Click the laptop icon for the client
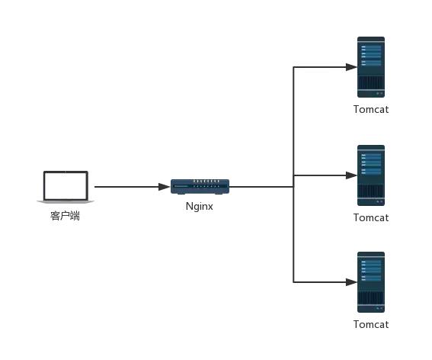pyautogui.click(x=66, y=187)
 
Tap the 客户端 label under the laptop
pyautogui.click(x=65, y=216)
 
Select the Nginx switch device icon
pyautogui.click(x=200, y=187)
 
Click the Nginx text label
pyautogui.click(x=199, y=207)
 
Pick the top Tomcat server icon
pyautogui.click(x=371, y=67)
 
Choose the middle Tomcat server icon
pyautogui.click(x=371, y=175)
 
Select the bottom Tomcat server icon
pyautogui.click(x=371, y=282)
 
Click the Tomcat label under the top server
pyautogui.click(x=371, y=110)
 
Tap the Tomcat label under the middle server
pyautogui.click(x=371, y=217)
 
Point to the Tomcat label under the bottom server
pyautogui.click(x=371, y=324)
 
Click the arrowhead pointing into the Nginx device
pyautogui.click(x=165, y=187)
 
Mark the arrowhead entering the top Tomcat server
pyautogui.click(x=351, y=67)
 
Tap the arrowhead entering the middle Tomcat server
pyautogui.click(x=351, y=175)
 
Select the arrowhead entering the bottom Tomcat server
pyautogui.click(x=351, y=282)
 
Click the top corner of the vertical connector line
pyautogui.click(x=293, y=67)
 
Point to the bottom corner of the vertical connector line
pyautogui.click(x=293, y=282)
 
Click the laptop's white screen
pyautogui.click(x=66, y=185)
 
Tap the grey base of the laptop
pyautogui.click(x=66, y=202)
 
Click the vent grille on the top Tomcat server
pyautogui.click(x=371, y=82)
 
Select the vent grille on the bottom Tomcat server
pyautogui.click(x=371, y=297)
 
